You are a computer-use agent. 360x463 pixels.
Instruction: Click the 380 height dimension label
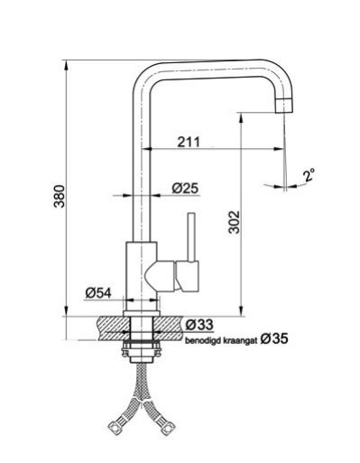tap(60, 196)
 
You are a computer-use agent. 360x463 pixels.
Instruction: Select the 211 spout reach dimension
tap(189, 142)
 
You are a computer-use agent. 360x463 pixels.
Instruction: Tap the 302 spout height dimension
tap(234, 222)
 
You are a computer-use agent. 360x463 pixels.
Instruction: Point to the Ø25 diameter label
tap(185, 189)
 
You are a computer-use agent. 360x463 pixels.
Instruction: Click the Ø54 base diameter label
tap(98, 292)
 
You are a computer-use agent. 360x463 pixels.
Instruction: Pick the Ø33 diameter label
tap(199, 324)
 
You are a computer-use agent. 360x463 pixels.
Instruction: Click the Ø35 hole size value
tap(274, 339)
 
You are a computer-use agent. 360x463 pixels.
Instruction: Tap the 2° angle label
tap(309, 175)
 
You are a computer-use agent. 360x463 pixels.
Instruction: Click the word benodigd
tap(199, 341)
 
